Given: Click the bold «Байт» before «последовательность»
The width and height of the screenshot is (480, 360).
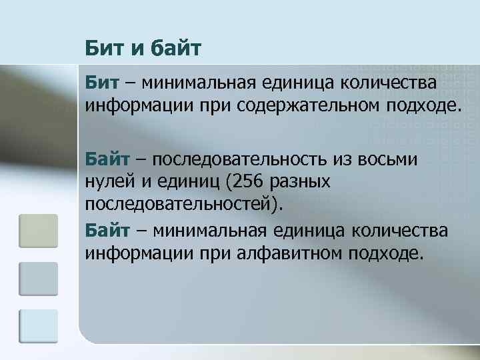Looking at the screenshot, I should [107, 161].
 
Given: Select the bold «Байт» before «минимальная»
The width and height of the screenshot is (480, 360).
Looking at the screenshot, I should [107, 231].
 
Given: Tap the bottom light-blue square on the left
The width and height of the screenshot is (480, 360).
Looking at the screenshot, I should [39, 327].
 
